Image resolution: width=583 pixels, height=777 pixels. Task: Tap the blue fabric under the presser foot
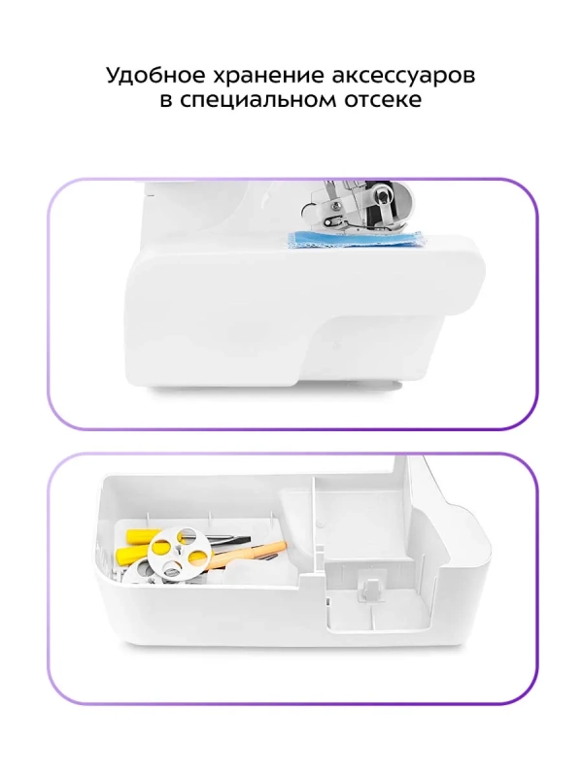[x=355, y=239]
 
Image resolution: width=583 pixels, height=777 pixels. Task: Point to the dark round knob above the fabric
[x=382, y=197]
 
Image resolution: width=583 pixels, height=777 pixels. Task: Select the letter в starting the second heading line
[x=166, y=101]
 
